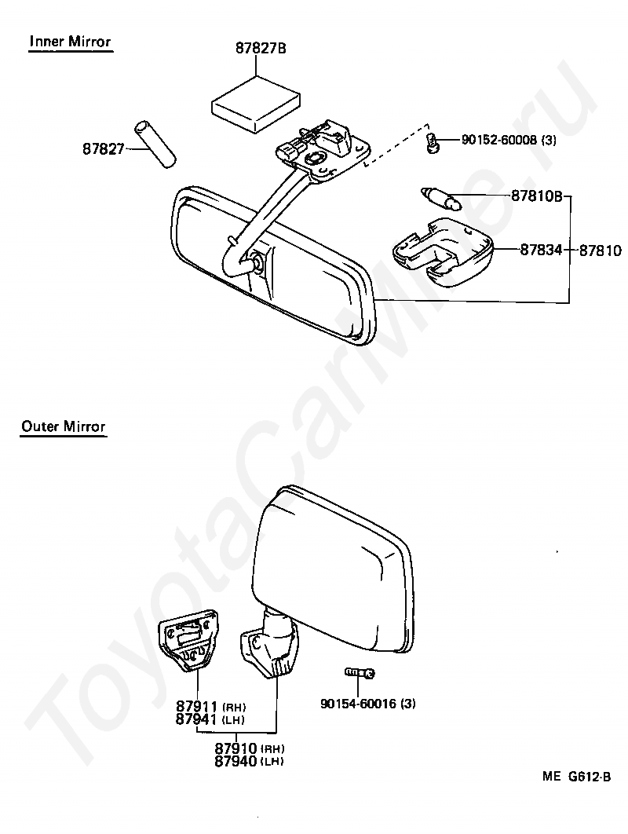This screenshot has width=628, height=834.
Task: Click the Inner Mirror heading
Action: point(70,42)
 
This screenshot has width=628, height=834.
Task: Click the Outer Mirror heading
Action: point(64,426)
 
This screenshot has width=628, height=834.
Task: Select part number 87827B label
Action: point(261,48)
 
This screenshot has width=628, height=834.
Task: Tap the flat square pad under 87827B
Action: point(257,103)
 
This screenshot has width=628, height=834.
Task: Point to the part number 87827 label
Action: point(104,148)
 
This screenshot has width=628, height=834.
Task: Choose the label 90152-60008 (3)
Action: point(509,141)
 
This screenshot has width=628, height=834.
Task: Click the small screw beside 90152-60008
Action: point(433,142)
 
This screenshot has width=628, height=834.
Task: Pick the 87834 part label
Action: point(541,251)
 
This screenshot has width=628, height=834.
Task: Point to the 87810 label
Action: point(601,251)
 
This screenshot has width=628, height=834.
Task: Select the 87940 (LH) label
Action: point(249,760)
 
